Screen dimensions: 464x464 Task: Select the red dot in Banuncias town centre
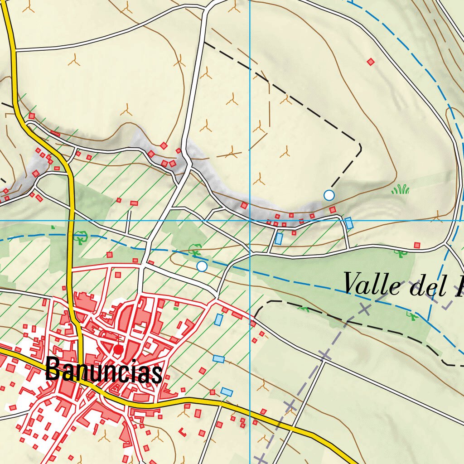[x=118, y=349]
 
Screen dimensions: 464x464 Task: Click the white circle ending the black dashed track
[x=329, y=195]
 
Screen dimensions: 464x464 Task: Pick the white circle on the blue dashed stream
[x=202, y=266]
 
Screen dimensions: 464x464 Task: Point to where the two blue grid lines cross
[x=250, y=221]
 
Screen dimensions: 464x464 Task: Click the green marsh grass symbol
[x=401, y=189]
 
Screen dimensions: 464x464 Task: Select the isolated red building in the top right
[x=371, y=62]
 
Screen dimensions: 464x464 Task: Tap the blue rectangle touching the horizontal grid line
[x=349, y=223]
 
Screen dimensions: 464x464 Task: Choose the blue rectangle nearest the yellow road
[x=227, y=391]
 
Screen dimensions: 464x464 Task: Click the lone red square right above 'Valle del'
[x=417, y=245]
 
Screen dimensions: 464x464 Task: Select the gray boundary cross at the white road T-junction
[x=324, y=354]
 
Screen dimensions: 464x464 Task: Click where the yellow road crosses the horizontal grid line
[x=71, y=221]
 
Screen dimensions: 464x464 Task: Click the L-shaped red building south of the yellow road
[x=183, y=432]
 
